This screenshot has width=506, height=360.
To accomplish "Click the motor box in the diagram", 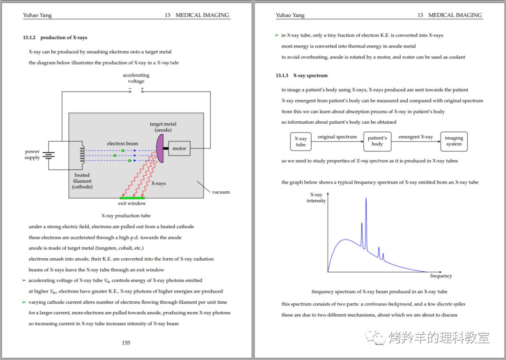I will [x=179, y=149].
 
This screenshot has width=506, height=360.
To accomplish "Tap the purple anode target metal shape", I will [x=160, y=148].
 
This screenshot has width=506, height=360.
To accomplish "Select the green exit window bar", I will [x=132, y=198].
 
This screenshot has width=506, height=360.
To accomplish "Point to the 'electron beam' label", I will [x=122, y=143].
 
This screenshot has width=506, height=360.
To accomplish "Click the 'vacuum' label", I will [x=221, y=192].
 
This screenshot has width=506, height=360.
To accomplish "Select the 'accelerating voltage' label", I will [x=136, y=78].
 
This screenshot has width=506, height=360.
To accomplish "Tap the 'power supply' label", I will [x=32, y=155].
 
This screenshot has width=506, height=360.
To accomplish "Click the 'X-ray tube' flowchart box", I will [x=300, y=142].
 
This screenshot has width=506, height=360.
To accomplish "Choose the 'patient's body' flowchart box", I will [x=377, y=141].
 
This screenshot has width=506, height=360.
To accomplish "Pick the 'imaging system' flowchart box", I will [x=454, y=141].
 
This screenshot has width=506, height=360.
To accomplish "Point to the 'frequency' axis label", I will [x=441, y=276].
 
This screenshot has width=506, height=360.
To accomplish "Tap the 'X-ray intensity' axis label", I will [x=316, y=198].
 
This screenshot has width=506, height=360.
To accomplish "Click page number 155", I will [x=126, y=343].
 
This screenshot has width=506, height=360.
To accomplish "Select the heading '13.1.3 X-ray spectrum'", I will [x=302, y=75].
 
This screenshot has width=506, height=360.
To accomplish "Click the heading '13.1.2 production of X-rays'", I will [x=55, y=37].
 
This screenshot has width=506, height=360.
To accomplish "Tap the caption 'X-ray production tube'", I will [x=126, y=216].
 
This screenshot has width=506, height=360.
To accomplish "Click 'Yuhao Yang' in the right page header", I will [x=290, y=15].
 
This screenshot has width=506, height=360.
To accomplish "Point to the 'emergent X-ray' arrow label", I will [x=416, y=137].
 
